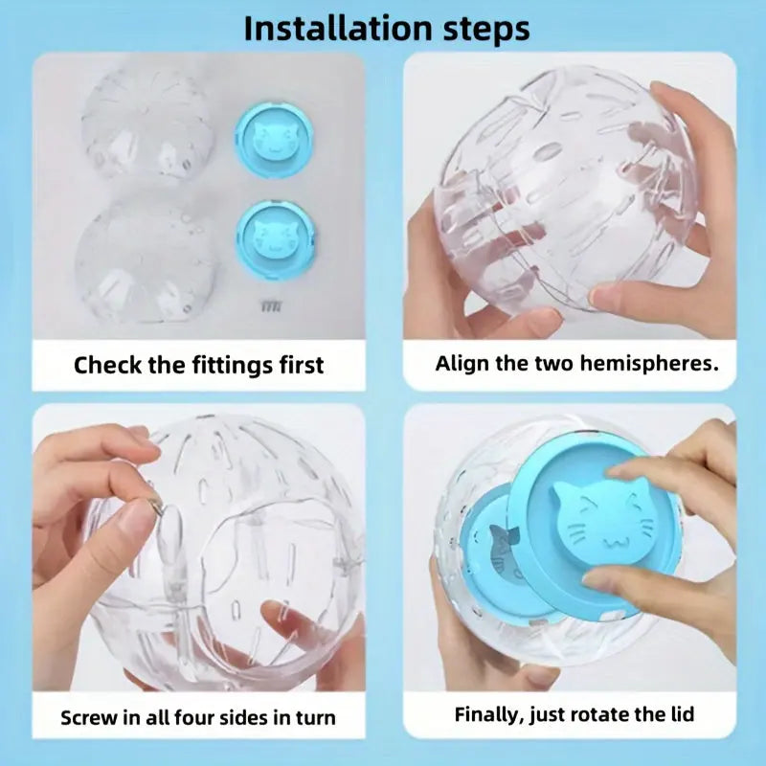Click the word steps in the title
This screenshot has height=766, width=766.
(x=482, y=29)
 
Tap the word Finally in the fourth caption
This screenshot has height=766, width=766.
(x=488, y=714)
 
